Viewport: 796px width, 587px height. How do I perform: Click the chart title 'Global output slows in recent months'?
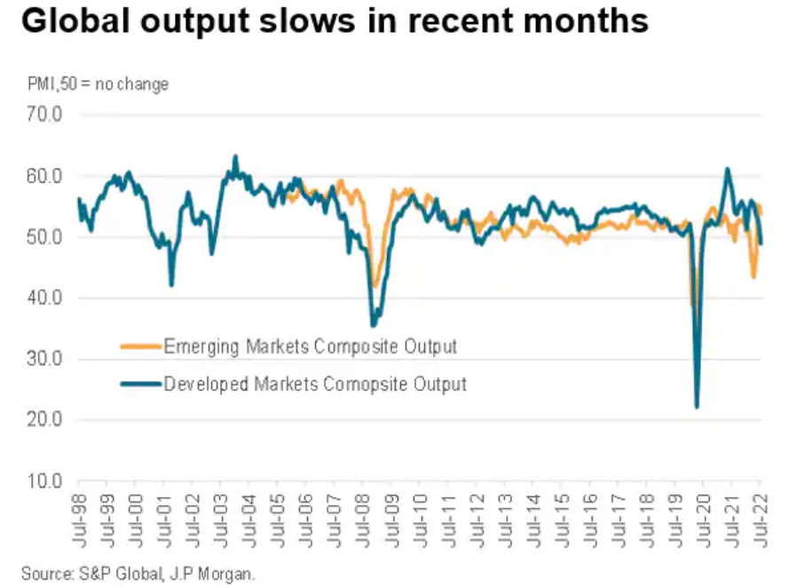[x=335, y=22]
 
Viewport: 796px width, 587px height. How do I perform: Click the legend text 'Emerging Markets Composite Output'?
[x=310, y=346]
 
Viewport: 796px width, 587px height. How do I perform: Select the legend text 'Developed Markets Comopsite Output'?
[x=315, y=385]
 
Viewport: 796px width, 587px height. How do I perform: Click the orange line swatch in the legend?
[x=140, y=346]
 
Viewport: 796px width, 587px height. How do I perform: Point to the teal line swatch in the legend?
[x=140, y=385]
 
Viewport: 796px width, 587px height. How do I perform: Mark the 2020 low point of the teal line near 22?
[x=697, y=407]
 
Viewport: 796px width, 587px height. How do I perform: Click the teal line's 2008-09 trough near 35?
[x=374, y=325]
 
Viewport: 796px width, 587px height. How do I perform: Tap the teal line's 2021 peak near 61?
[x=727, y=169]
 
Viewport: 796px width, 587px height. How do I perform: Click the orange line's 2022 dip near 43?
[x=753, y=277]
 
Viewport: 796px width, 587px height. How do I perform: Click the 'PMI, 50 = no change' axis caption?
[x=95, y=84]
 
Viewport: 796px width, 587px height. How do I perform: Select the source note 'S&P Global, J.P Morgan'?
[x=138, y=574]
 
